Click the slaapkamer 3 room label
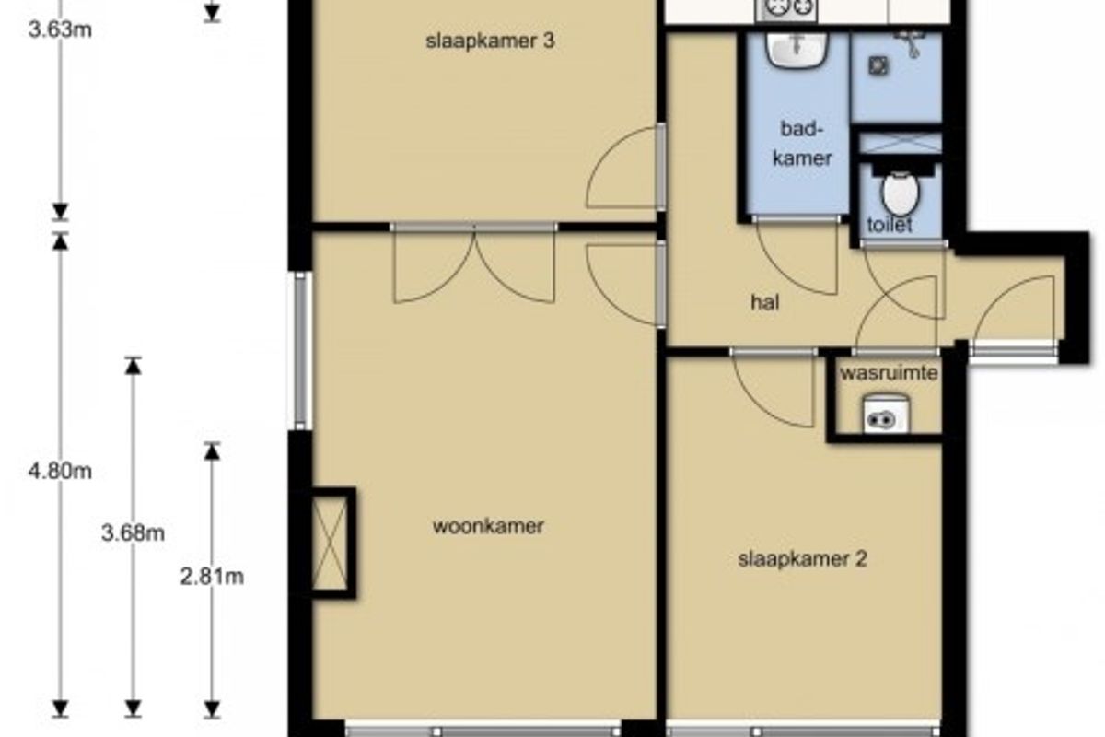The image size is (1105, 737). (490, 41)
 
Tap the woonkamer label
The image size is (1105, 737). (488, 526)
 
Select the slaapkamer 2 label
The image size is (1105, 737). (802, 560)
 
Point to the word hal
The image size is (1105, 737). (765, 302)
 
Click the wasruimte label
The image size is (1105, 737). (889, 373)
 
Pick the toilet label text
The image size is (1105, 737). (890, 225)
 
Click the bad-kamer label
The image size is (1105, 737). (802, 144)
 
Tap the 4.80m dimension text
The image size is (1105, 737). (60, 472)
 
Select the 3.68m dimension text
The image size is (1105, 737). (133, 533)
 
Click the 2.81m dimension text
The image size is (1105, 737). (212, 577)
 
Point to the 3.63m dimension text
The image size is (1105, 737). (60, 30)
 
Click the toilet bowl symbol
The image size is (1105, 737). (901, 192)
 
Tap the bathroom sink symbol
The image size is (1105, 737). (797, 50)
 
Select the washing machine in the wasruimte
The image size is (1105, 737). (887, 415)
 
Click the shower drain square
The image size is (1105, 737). (878, 66)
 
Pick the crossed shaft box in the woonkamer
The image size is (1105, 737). (330, 543)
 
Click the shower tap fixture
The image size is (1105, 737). (911, 43)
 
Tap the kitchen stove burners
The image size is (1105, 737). (786, 9)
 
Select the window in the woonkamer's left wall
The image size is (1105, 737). (301, 350)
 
